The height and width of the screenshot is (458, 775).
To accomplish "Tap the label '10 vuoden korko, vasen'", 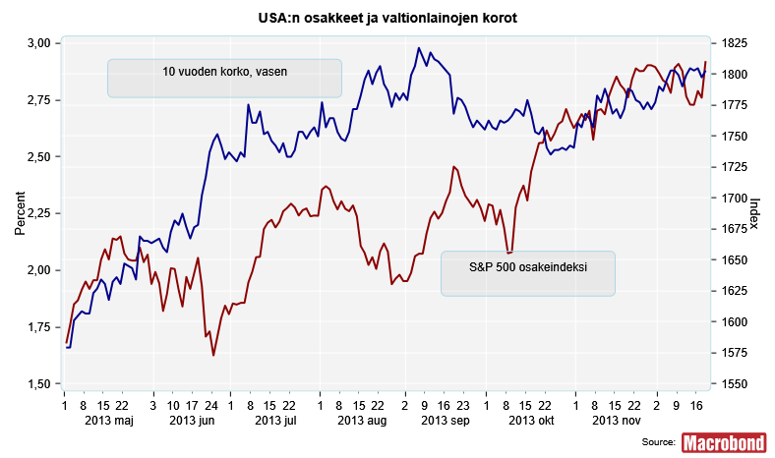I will (224, 71).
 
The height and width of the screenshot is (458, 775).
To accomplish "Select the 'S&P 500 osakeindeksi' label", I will (528, 266).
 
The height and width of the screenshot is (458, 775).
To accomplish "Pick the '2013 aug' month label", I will (360, 421).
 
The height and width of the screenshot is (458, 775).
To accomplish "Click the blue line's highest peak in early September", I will (419, 48).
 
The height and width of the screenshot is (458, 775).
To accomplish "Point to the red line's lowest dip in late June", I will (213, 355).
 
